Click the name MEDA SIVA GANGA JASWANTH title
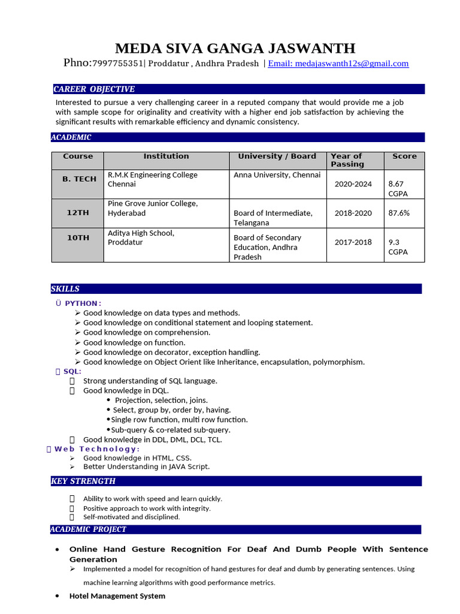pos(235,48)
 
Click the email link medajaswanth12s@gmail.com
pos(338,64)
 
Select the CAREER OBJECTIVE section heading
pos(94,89)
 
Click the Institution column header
pos(166,156)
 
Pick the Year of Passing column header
pos(347,160)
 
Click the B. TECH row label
pos(79,179)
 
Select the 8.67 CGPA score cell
pos(397,189)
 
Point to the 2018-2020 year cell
pos(353,213)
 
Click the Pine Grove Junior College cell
pos(152,208)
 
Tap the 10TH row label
pos(78,238)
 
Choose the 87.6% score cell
pos(399,213)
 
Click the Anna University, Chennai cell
pos(277,175)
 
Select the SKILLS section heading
pos(65,289)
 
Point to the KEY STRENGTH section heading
pos(83,481)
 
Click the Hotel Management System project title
pos(117,596)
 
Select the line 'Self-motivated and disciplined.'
pos(131,517)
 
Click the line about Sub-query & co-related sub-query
pos(171,430)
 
